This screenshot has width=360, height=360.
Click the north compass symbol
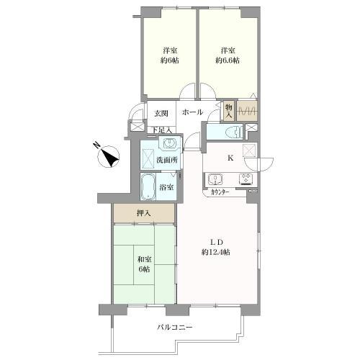(x=107, y=156)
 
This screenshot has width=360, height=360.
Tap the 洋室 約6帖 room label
(x=170, y=55)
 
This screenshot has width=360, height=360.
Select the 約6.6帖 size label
(x=228, y=60)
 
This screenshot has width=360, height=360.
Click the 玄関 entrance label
(x=161, y=113)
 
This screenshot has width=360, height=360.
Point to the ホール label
(x=192, y=112)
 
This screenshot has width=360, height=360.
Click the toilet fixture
(x=233, y=132)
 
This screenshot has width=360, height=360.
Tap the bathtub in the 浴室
(x=148, y=186)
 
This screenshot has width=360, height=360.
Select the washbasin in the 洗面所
(x=170, y=143)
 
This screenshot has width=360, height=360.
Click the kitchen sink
(x=215, y=179)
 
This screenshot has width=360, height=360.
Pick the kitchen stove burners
(x=246, y=179)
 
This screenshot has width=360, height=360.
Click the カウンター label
(x=220, y=192)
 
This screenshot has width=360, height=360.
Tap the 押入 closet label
(x=144, y=213)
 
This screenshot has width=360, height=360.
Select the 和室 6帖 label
(x=144, y=264)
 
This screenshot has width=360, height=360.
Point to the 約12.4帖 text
(x=216, y=252)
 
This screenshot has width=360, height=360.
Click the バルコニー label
(x=175, y=327)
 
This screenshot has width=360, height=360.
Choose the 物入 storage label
(x=229, y=111)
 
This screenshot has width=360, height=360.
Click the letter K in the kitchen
(x=230, y=158)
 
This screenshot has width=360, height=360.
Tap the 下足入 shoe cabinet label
(x=162, y=130)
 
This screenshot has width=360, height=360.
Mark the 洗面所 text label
(x=167, y=160)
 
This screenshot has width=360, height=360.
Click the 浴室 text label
(x=166, y=187)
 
